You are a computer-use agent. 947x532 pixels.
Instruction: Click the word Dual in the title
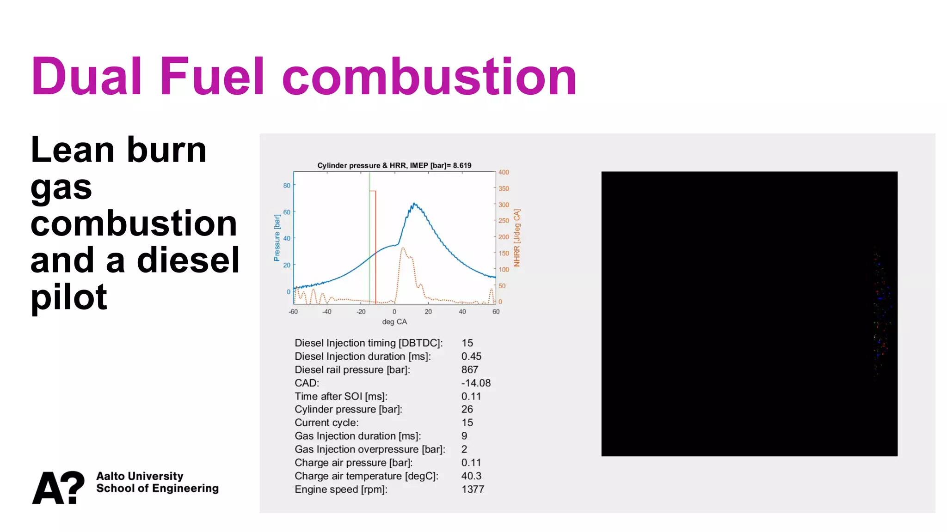click(x=86, y=76)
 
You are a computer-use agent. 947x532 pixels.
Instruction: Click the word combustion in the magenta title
click(x=429, y=76)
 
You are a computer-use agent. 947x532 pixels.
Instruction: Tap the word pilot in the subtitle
click(x=69, y=297)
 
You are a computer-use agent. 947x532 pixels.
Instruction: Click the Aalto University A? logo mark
click(x=58, y=487)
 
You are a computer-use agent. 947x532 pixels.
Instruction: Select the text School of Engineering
click(x=157, y=489)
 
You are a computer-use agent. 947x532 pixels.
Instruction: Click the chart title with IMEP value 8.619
click(x=394, y=165)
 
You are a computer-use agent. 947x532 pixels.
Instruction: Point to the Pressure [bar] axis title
click(x=277, y=238)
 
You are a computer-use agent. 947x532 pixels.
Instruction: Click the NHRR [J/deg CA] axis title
click(x=517, y=238)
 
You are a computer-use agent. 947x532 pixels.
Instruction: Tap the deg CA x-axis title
click(x=394, y=322)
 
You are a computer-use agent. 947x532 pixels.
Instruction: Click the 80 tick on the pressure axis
click(x=287, y=186)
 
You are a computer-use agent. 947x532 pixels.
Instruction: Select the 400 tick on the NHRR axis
click(x=504, y=172)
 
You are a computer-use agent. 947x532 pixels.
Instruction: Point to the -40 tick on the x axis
click(x=327, y=312)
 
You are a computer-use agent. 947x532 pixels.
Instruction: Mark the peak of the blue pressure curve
click(x=414, y=203)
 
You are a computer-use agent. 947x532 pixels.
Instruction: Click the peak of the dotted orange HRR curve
click(x=403, y=248)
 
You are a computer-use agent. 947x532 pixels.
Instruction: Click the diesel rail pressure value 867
click(x=470, y=370)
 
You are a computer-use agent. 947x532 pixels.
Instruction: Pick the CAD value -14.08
click(x=476, y=383)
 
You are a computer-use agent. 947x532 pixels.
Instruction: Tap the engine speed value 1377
click(x=473, y=490)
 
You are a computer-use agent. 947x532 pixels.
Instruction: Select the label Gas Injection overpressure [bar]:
click(x=370, y=449)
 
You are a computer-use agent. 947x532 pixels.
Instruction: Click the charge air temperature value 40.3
click(x=471, y=476)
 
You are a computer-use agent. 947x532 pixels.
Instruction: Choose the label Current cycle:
click(x=326, y=423)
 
